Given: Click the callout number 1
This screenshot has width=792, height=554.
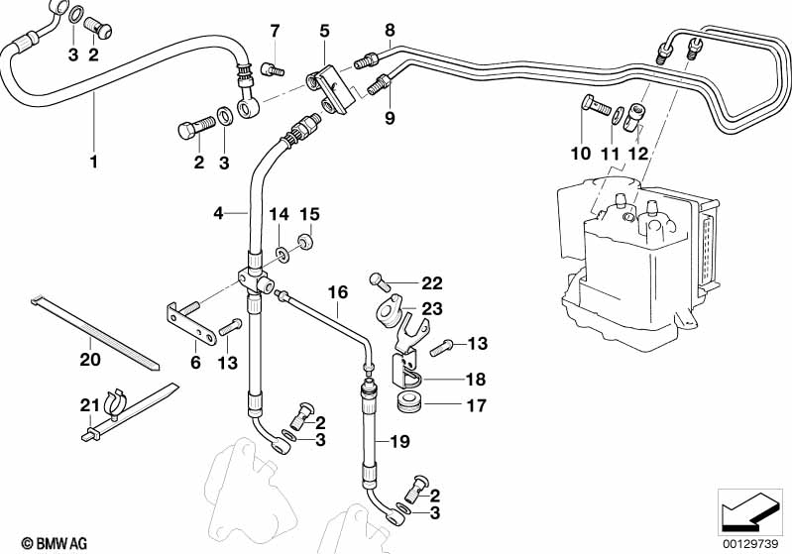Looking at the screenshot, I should click(x=94, y=160).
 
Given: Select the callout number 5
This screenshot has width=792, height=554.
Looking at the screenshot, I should click(x=323, y=32).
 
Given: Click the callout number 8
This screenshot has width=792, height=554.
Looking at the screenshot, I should click(x=390, y=30).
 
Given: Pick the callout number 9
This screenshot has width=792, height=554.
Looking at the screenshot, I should click(x=390, y=118).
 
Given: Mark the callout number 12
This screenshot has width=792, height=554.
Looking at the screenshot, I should click(x=636, y=154).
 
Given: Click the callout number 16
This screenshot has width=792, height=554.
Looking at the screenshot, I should click(x=338, y=292).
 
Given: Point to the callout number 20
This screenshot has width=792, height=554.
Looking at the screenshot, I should click(x=90, y=359).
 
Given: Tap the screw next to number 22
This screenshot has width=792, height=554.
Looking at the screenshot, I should click(x=376, y=281).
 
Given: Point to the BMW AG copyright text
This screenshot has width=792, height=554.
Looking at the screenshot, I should click(x=49, y=542).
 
